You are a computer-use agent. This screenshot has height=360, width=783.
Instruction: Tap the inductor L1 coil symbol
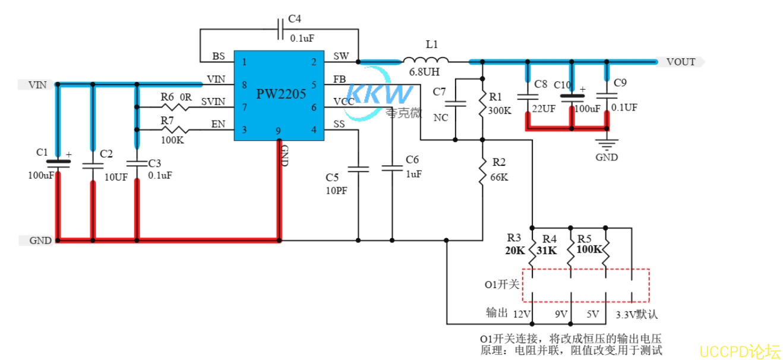coord(426,60)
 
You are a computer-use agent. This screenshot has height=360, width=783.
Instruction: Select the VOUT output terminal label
coord(681,62)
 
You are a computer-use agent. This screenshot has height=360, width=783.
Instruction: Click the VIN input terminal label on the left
coord(37,85)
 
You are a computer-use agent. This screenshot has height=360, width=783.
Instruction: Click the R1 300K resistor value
coord(499,110)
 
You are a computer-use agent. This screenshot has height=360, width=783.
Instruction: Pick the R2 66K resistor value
coord(499,177)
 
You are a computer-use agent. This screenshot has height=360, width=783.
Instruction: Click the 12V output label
coord(521,313)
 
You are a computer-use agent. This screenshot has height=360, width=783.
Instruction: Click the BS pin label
coord(219,56)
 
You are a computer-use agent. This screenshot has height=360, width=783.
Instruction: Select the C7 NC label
coord(441,118)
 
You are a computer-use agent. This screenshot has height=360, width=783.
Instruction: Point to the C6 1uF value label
coord(413,174)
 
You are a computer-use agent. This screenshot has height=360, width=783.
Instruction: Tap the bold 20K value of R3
coord(516,251)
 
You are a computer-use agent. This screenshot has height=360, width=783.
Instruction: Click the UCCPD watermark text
coord(740,351)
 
